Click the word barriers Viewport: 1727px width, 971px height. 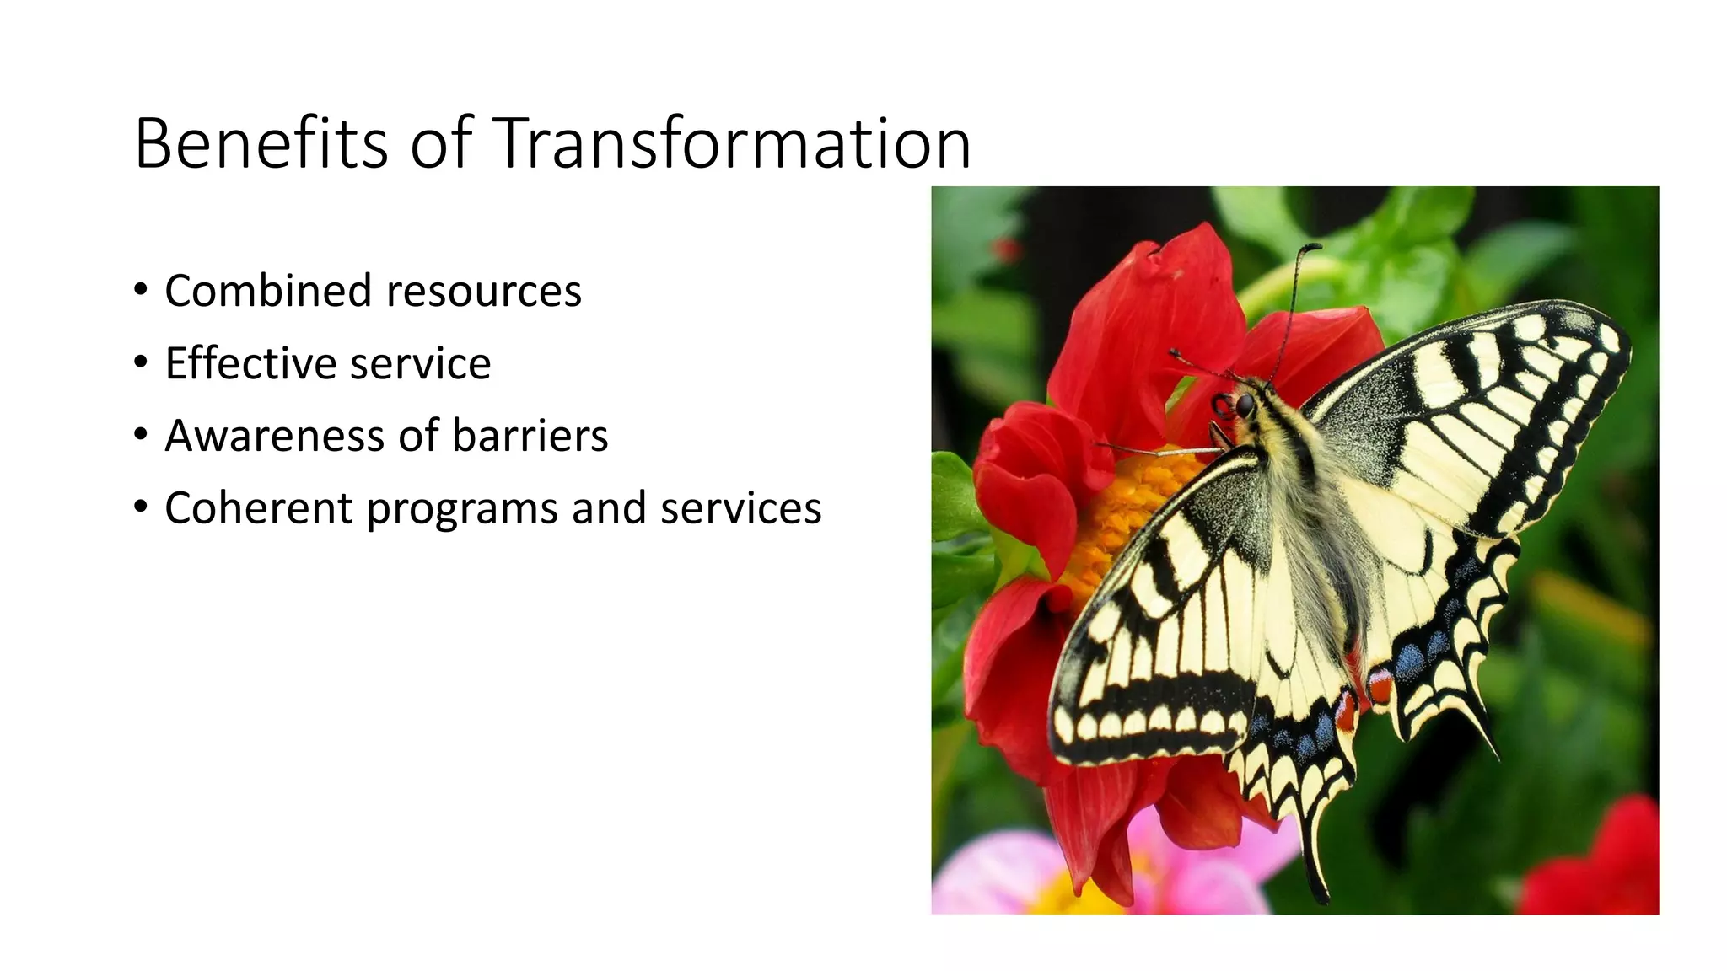pos(530,436)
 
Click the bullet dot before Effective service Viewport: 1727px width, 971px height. pos(141,362)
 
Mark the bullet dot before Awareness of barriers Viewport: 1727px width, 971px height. pos(141,435)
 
